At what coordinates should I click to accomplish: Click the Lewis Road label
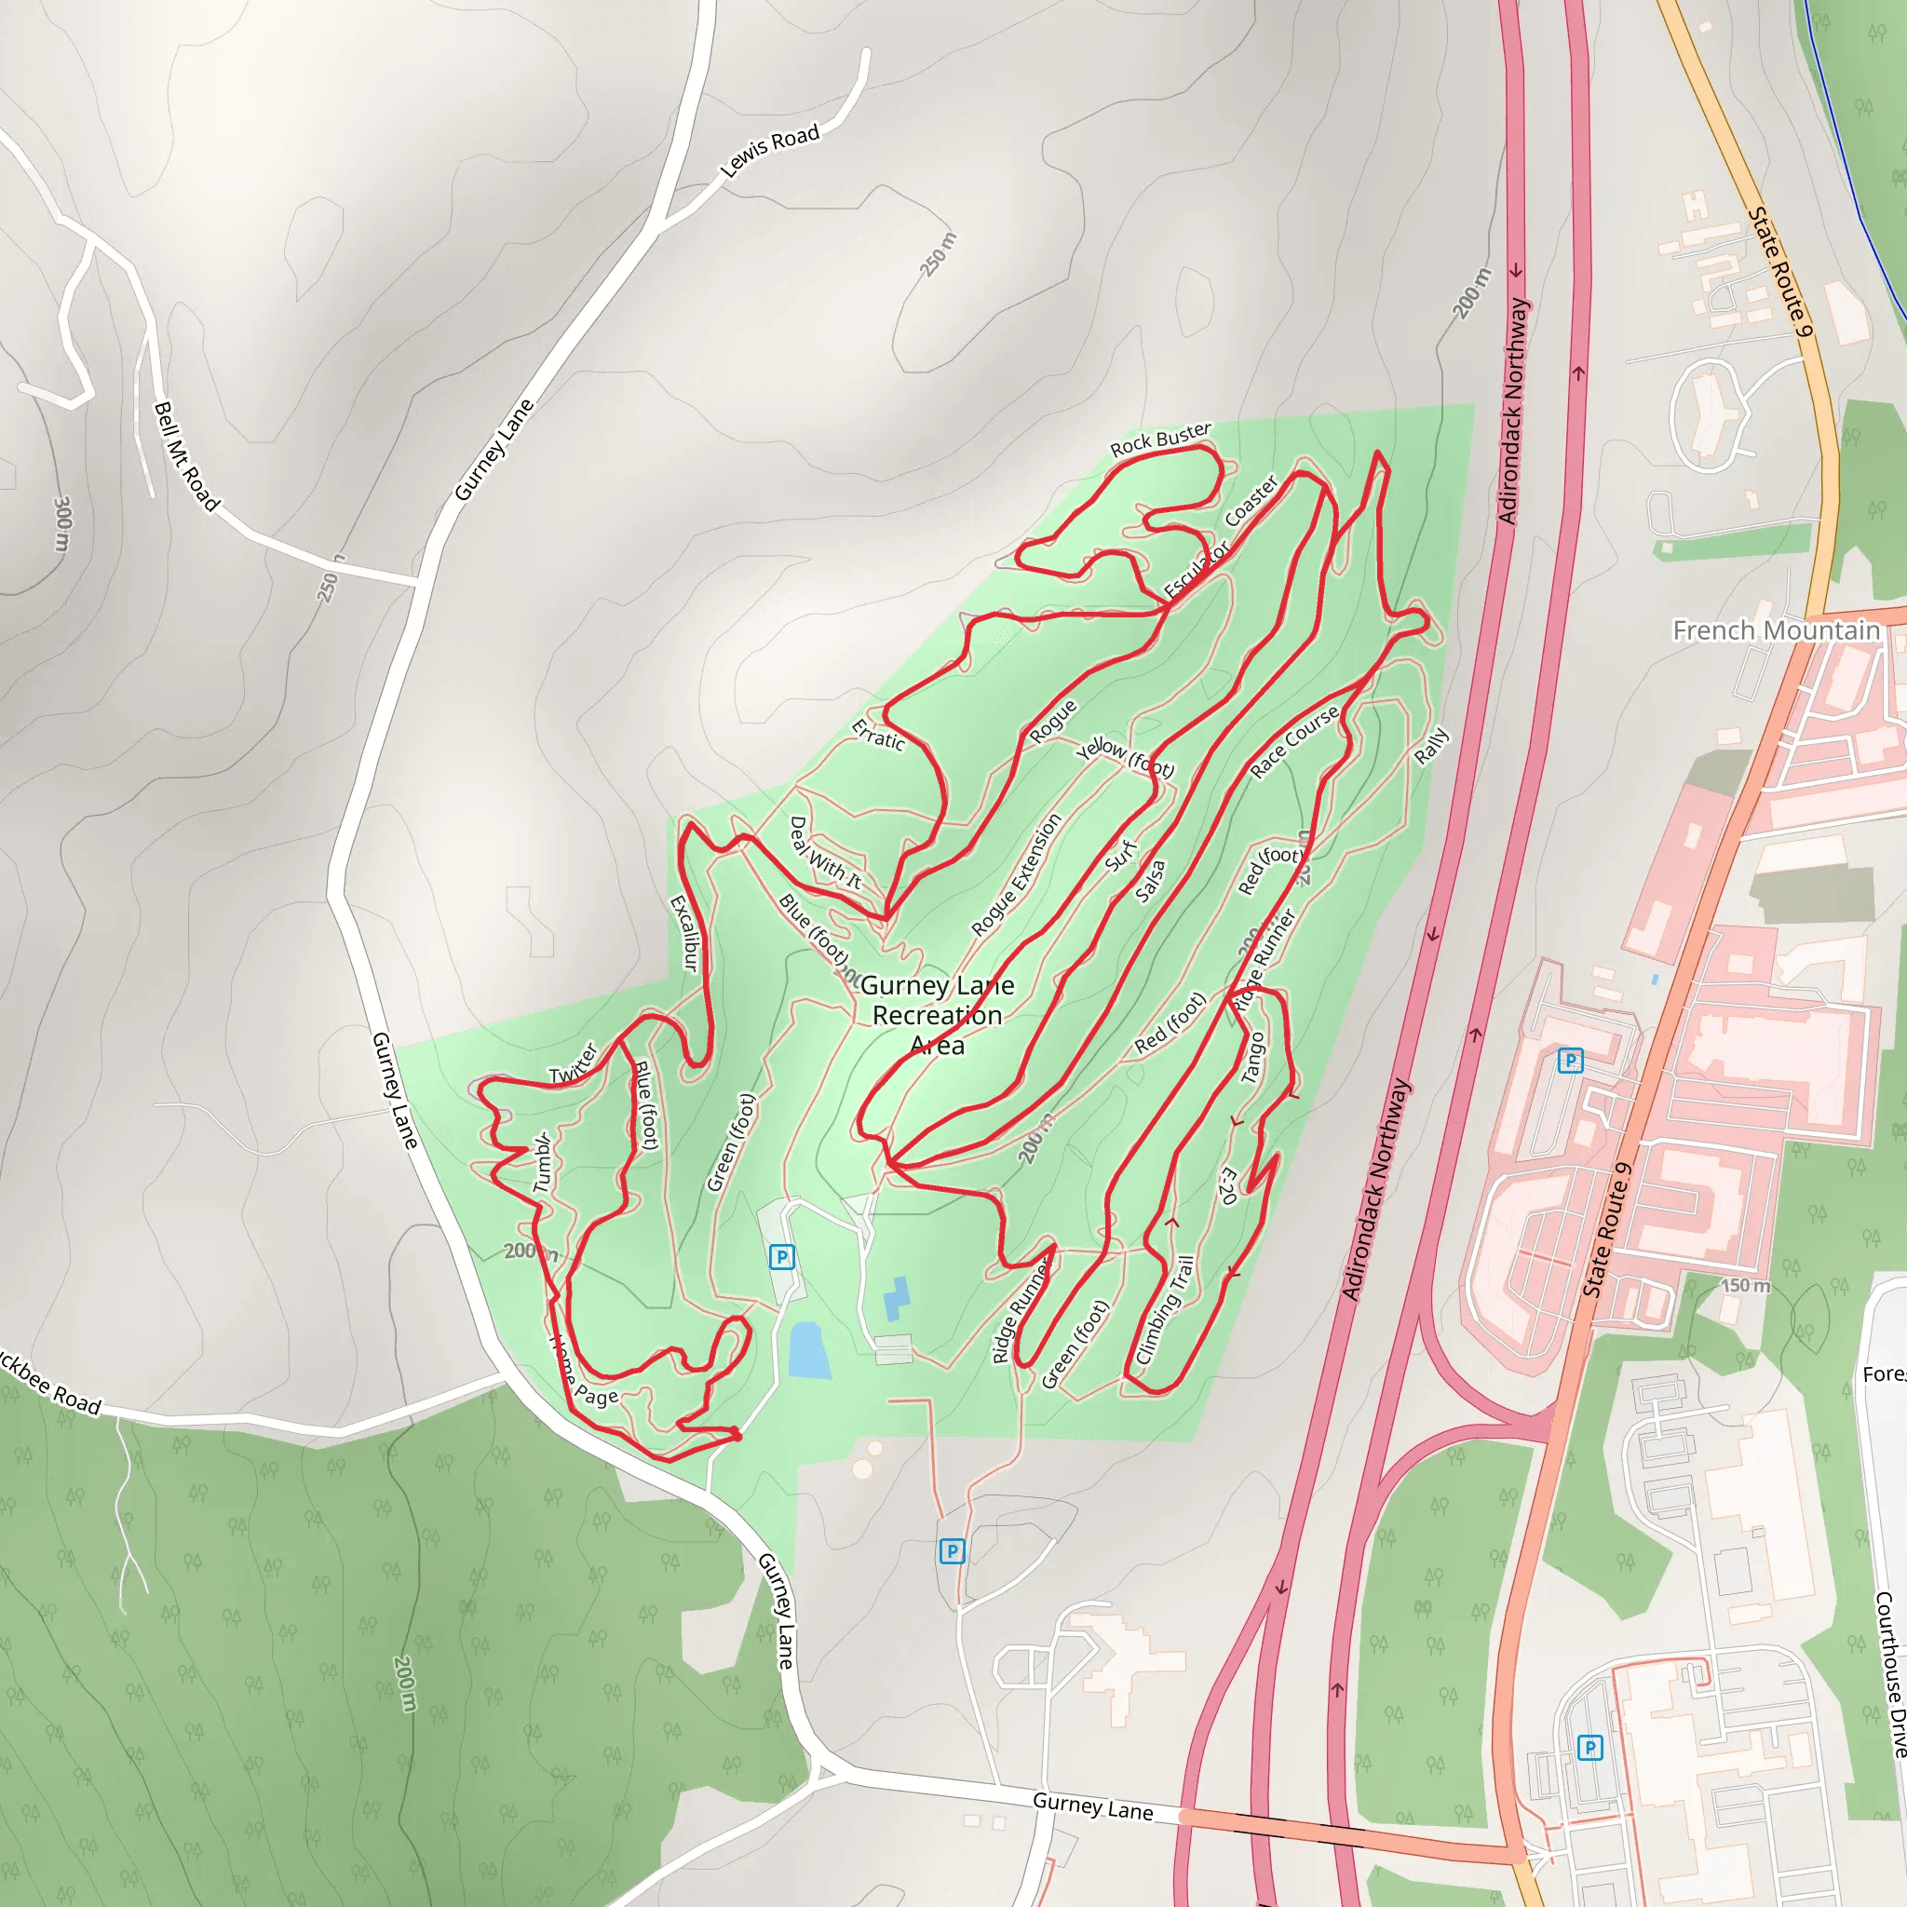pos(770,150)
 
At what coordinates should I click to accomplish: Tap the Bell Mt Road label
pos(185,456)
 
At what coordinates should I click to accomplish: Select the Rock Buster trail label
pos(1160,440)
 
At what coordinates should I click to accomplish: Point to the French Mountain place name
pos(1776,630)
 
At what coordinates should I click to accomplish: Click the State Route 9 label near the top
pos(1780,272)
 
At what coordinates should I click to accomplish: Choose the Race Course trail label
pos(1294,742)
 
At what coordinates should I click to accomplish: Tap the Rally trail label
pos(1431,745)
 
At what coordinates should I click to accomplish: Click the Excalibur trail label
pos(684,933)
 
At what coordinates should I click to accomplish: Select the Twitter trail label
pos(574,1064)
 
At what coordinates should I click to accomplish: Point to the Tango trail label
pos(1251,1057)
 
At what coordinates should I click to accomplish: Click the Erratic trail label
pos(877,736)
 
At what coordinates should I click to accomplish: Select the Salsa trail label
pos(1150,881)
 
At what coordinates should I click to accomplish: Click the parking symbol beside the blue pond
pos(782,1256)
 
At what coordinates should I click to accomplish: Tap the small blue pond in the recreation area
pos(808,1350)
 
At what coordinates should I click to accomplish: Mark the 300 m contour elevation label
pos(62,524)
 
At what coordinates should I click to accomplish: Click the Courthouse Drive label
pos(1889,1673)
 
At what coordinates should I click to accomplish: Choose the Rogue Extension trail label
pos(1016,874)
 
